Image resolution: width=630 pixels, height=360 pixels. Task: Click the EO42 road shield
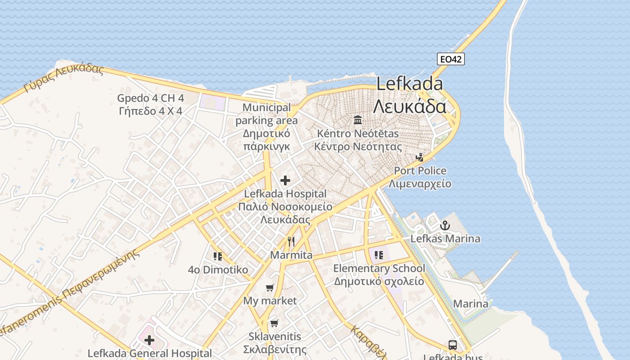point(450,59)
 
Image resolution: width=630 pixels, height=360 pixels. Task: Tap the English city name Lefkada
point(409,84)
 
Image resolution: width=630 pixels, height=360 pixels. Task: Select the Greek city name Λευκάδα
point(409,106)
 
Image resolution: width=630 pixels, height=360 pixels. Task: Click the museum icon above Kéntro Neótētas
point(358,120)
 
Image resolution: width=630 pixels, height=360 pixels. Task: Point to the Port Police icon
point(420,157)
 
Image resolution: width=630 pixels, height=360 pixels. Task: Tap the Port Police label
point(420,171)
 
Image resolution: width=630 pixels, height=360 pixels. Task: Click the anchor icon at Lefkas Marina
point(445,225)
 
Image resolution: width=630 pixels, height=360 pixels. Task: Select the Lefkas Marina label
point(445,238)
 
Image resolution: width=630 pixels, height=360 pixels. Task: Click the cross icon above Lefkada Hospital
point(285,180)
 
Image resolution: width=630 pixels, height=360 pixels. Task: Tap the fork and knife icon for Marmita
point(291,242)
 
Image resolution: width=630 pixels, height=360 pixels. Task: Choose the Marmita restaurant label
point(291,255)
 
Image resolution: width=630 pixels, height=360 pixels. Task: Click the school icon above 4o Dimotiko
point(218,256)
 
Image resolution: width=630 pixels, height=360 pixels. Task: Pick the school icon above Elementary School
point(379,255)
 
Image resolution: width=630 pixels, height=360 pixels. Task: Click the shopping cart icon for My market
point(270,288)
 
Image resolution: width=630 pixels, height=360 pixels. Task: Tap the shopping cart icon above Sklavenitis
point(274,323)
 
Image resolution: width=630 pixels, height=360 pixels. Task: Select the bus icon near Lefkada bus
point(453,345)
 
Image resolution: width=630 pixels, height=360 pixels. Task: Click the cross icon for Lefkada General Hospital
point(149,340)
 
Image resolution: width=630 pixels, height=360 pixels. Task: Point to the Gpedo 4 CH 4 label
point(150,98)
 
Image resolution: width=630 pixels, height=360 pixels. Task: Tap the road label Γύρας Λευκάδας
point(64,77)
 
